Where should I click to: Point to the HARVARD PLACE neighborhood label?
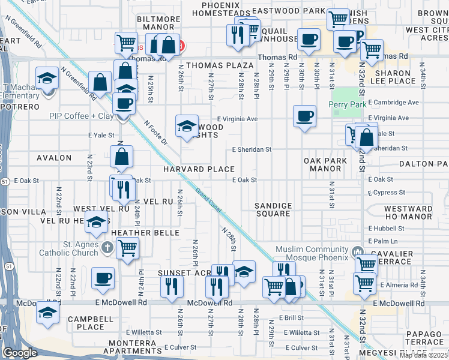[x=195, y=169]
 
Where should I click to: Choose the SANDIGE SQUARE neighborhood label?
[x=273, y=210]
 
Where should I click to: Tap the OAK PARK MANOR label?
[x=327, y=164]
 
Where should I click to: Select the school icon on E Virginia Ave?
[x=187, y=125]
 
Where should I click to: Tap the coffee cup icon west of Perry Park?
[x=304, y=115]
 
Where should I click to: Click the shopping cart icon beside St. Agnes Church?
[x=127, y=247]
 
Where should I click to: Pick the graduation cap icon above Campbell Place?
[x=47, y=313]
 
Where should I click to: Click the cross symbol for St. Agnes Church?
[x=106, y=247]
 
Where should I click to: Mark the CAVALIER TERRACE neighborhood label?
[x=390, y=258]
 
